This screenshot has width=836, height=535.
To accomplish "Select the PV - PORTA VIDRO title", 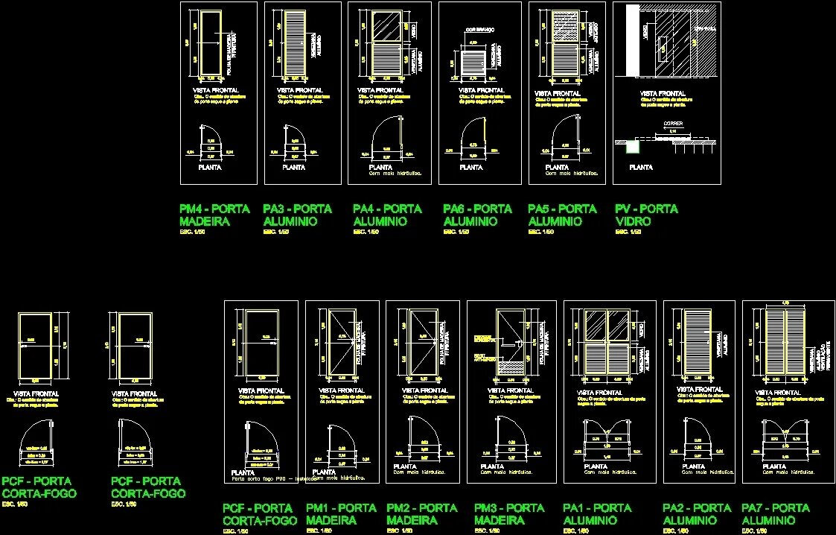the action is pyautogui.click(x=646, y=215).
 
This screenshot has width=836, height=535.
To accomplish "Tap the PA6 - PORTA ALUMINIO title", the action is pyautogui.click(x=477, y=215).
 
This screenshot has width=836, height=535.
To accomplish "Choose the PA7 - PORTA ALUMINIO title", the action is pyautogui.click(x=776, y=514).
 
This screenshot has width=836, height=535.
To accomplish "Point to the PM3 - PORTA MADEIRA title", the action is pyautogui.click(x=509, y=514).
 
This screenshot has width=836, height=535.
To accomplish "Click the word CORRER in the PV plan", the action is pyautogui.click(x=673, y=124).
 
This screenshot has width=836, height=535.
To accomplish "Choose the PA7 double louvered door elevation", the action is pyautogui.click(x=785, y=341).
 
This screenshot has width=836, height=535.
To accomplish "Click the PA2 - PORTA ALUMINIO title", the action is pyautogui.click(x=697, y=514).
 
